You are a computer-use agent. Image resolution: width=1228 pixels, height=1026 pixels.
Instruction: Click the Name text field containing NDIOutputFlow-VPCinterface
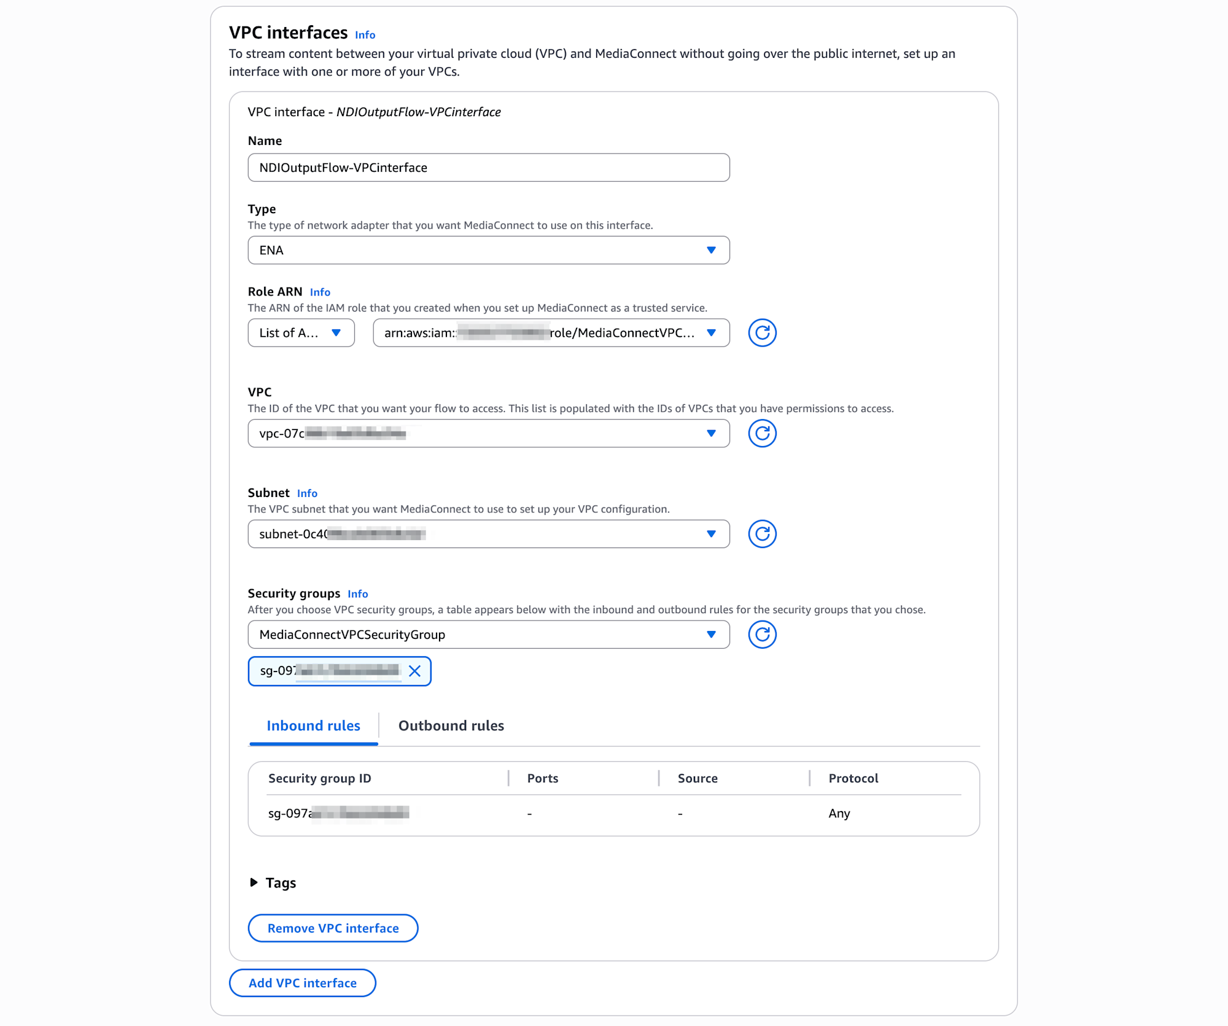click(x=488, y=168)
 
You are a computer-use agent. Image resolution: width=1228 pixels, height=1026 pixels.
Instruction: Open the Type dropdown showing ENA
click(x=488, y=250)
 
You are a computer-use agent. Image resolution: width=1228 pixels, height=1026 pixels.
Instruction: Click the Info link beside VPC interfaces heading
click(x=365, y=35)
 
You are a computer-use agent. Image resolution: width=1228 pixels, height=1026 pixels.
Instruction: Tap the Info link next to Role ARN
click(x=320, y=292)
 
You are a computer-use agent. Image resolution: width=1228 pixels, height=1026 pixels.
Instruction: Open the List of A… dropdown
click(x=301, y=333)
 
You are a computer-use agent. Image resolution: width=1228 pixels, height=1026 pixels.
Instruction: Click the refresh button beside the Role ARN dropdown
click(x=762, y=333)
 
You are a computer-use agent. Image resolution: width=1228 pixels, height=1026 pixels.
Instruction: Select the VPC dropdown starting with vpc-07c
click(x=488, y=434)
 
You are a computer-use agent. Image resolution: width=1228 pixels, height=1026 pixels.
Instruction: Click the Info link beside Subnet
click(x=307, y=493)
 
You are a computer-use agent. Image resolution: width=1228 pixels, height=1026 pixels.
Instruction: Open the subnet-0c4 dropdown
click(x=488, y=534)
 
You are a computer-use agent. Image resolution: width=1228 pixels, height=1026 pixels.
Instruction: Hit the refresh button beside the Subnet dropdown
click(x=762, y=534)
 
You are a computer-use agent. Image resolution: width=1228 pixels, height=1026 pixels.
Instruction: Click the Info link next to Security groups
click(x=357, y=594)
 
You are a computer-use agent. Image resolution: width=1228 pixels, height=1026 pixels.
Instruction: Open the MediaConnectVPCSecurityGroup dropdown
click(x=488, y=635)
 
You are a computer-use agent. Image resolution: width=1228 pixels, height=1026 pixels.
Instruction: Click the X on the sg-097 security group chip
click(x=415, y=671)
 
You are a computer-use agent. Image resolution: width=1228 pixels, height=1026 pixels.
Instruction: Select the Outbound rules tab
click(x=451, y=726)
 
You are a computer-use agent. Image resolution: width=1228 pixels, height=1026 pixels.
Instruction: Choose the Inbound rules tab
click(x=313, y=726)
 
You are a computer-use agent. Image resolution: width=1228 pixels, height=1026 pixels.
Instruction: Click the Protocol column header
click(x=853, y=778)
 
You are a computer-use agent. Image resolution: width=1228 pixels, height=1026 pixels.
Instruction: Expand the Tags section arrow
click(x=254, y=883)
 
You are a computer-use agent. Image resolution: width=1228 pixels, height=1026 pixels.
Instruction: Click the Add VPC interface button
click(x=302, y=983)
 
